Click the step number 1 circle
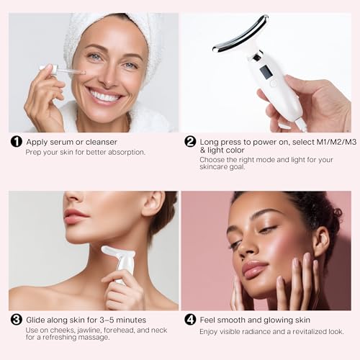pyautogui.click(x=16, y=142)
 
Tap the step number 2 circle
pyautogui.click(x=190, y=142)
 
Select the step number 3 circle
pyautogui.click(x=16, y=320)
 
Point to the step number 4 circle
pyautogui.click(x=190, y=320)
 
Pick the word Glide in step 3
pyautogui.click(x=37, y=320)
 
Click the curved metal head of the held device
pyautogui.click(x=241, y=35)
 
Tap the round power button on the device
pyautogui.click(x=274, y=84)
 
